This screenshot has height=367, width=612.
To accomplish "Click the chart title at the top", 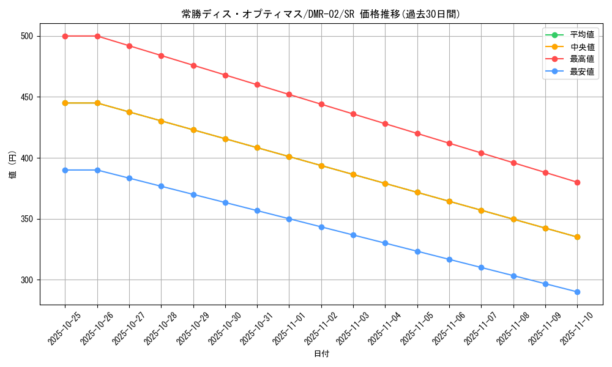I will tap(321, 14).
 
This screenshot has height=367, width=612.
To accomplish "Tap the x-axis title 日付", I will tap(321, 354).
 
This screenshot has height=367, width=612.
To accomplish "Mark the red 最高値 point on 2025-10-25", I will tap(65, 36).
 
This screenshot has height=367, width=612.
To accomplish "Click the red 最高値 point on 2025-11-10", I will tap(577, 182).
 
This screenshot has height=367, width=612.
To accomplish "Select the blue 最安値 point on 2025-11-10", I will tap(577, 292).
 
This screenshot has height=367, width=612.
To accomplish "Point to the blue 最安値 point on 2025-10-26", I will tap(97, 170).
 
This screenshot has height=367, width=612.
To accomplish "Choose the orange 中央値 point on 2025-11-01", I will tap(289, 157).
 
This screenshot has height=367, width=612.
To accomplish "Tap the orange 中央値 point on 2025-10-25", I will tap(65, 103).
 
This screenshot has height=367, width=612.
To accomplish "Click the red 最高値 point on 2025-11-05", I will tap(417, 133).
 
